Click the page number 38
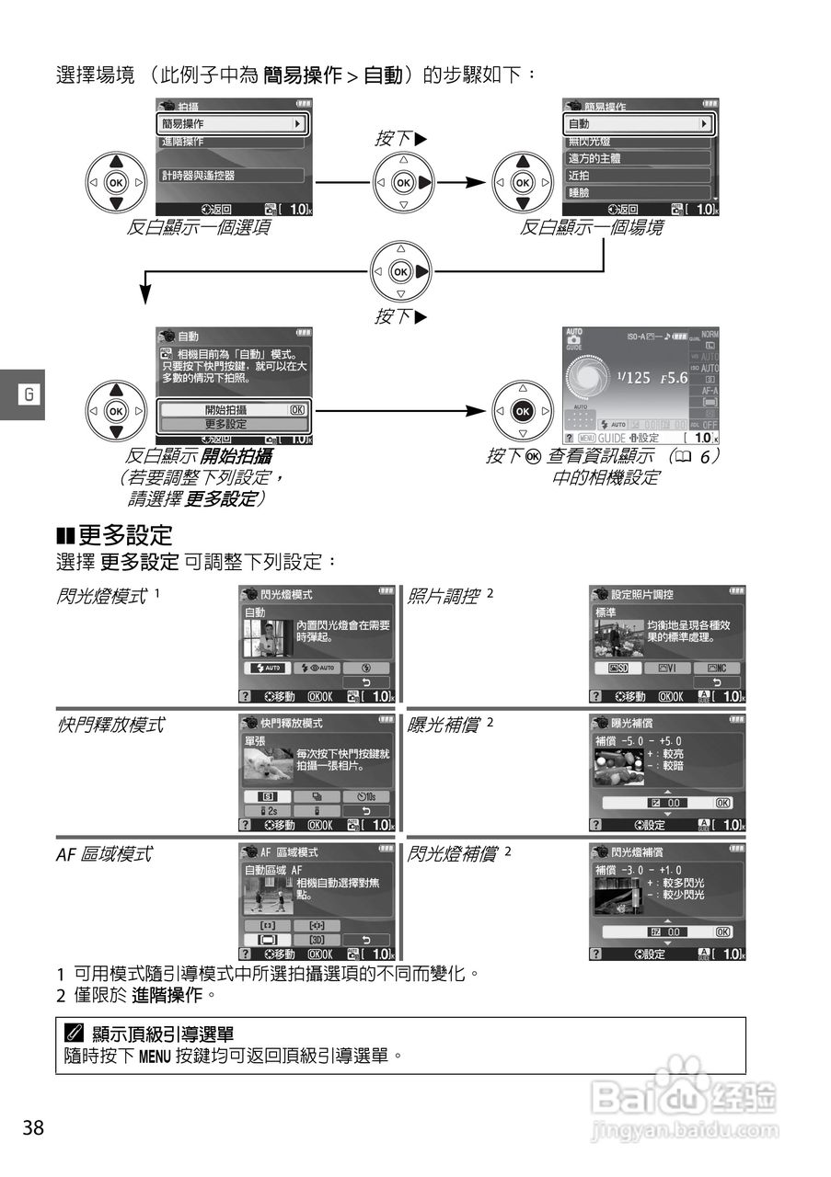click(x=33, y=1128)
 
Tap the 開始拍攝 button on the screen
click(x=231, y=409)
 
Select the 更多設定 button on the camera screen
click(x=231, y=424)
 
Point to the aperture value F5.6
click(x=679, y=377)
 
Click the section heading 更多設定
click(x=125, y=534)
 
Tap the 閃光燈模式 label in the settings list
click(x=101, y=596)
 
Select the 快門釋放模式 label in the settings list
click(x=110, y=725)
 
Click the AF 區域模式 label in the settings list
click(x=103, y=854)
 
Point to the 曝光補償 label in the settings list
click(x=443, y=725)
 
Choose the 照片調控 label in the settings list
click(x=443, y=596)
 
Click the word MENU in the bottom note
click(x=156, y=1056)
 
